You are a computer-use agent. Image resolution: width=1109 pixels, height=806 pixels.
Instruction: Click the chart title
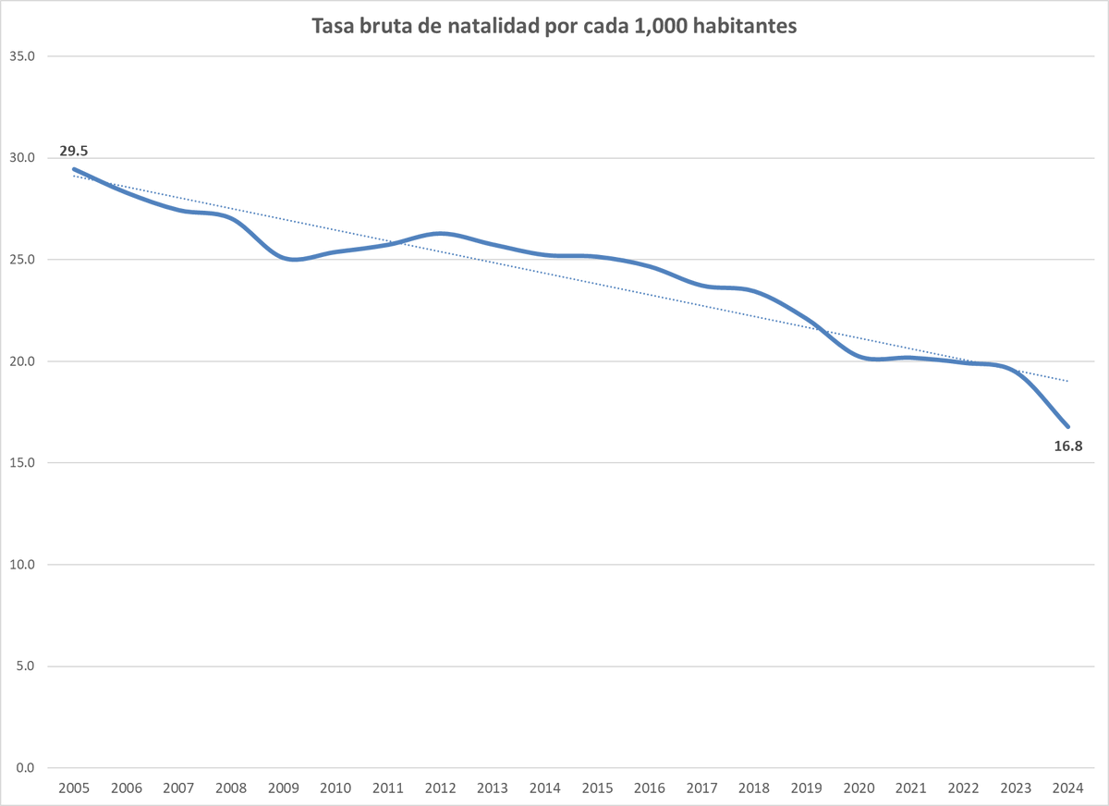coord(554,27)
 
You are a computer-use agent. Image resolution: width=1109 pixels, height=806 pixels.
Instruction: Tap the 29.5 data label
coord(74,151)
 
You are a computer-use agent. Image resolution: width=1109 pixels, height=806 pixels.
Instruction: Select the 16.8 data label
coord(1067,446)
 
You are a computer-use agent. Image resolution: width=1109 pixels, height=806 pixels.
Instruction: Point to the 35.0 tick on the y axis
coord(22,56)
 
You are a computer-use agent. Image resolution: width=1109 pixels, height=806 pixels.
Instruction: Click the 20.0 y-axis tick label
coord(22,361)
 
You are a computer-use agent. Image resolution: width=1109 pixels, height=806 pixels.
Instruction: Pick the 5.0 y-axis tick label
coord(25,666)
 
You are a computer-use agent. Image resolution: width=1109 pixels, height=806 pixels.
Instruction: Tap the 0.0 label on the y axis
coord(25,768)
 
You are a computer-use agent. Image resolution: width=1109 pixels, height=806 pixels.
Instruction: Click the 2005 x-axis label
coord(74,788)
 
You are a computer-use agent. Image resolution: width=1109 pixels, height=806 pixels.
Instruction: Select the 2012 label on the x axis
coord(440,788)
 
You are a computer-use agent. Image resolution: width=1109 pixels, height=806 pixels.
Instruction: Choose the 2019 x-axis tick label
coord(807,788)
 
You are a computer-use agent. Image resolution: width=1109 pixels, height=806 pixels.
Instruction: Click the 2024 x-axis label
coord(1068,788)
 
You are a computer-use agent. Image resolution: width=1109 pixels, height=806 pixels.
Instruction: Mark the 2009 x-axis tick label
coord(283,788)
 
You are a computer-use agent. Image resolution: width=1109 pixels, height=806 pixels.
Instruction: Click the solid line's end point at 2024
coord(1068,426)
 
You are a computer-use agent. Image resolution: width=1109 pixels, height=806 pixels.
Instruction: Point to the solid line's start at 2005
coord(74,169)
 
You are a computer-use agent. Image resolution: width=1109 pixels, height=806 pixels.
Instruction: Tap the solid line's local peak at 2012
coord(442,233)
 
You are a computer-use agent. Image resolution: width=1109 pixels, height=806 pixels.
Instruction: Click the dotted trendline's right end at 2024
coord(1068,381)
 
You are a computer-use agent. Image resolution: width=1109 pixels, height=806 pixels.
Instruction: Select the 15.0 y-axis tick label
coord(22,463)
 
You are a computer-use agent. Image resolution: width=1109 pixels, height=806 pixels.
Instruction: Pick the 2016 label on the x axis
coord(650,788)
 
